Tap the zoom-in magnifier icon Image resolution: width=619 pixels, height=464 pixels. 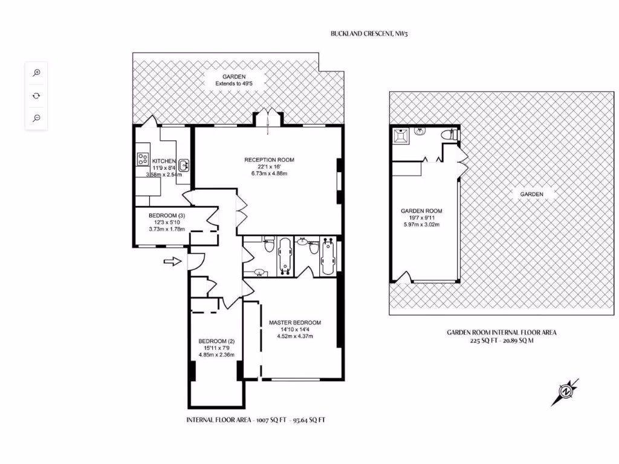coord(36,72)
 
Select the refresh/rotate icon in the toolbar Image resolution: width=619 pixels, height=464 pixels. coord(36,95)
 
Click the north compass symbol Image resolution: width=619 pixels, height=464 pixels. coord(565,392)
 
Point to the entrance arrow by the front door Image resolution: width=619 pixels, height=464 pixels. coord(172,262)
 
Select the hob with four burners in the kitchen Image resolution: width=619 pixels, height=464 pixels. coord(143,159)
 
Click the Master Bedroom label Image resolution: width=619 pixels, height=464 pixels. coord(294,323)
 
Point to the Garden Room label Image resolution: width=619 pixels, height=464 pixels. coord(421,211)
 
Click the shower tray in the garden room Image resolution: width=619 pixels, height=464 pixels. coord(400,135)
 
